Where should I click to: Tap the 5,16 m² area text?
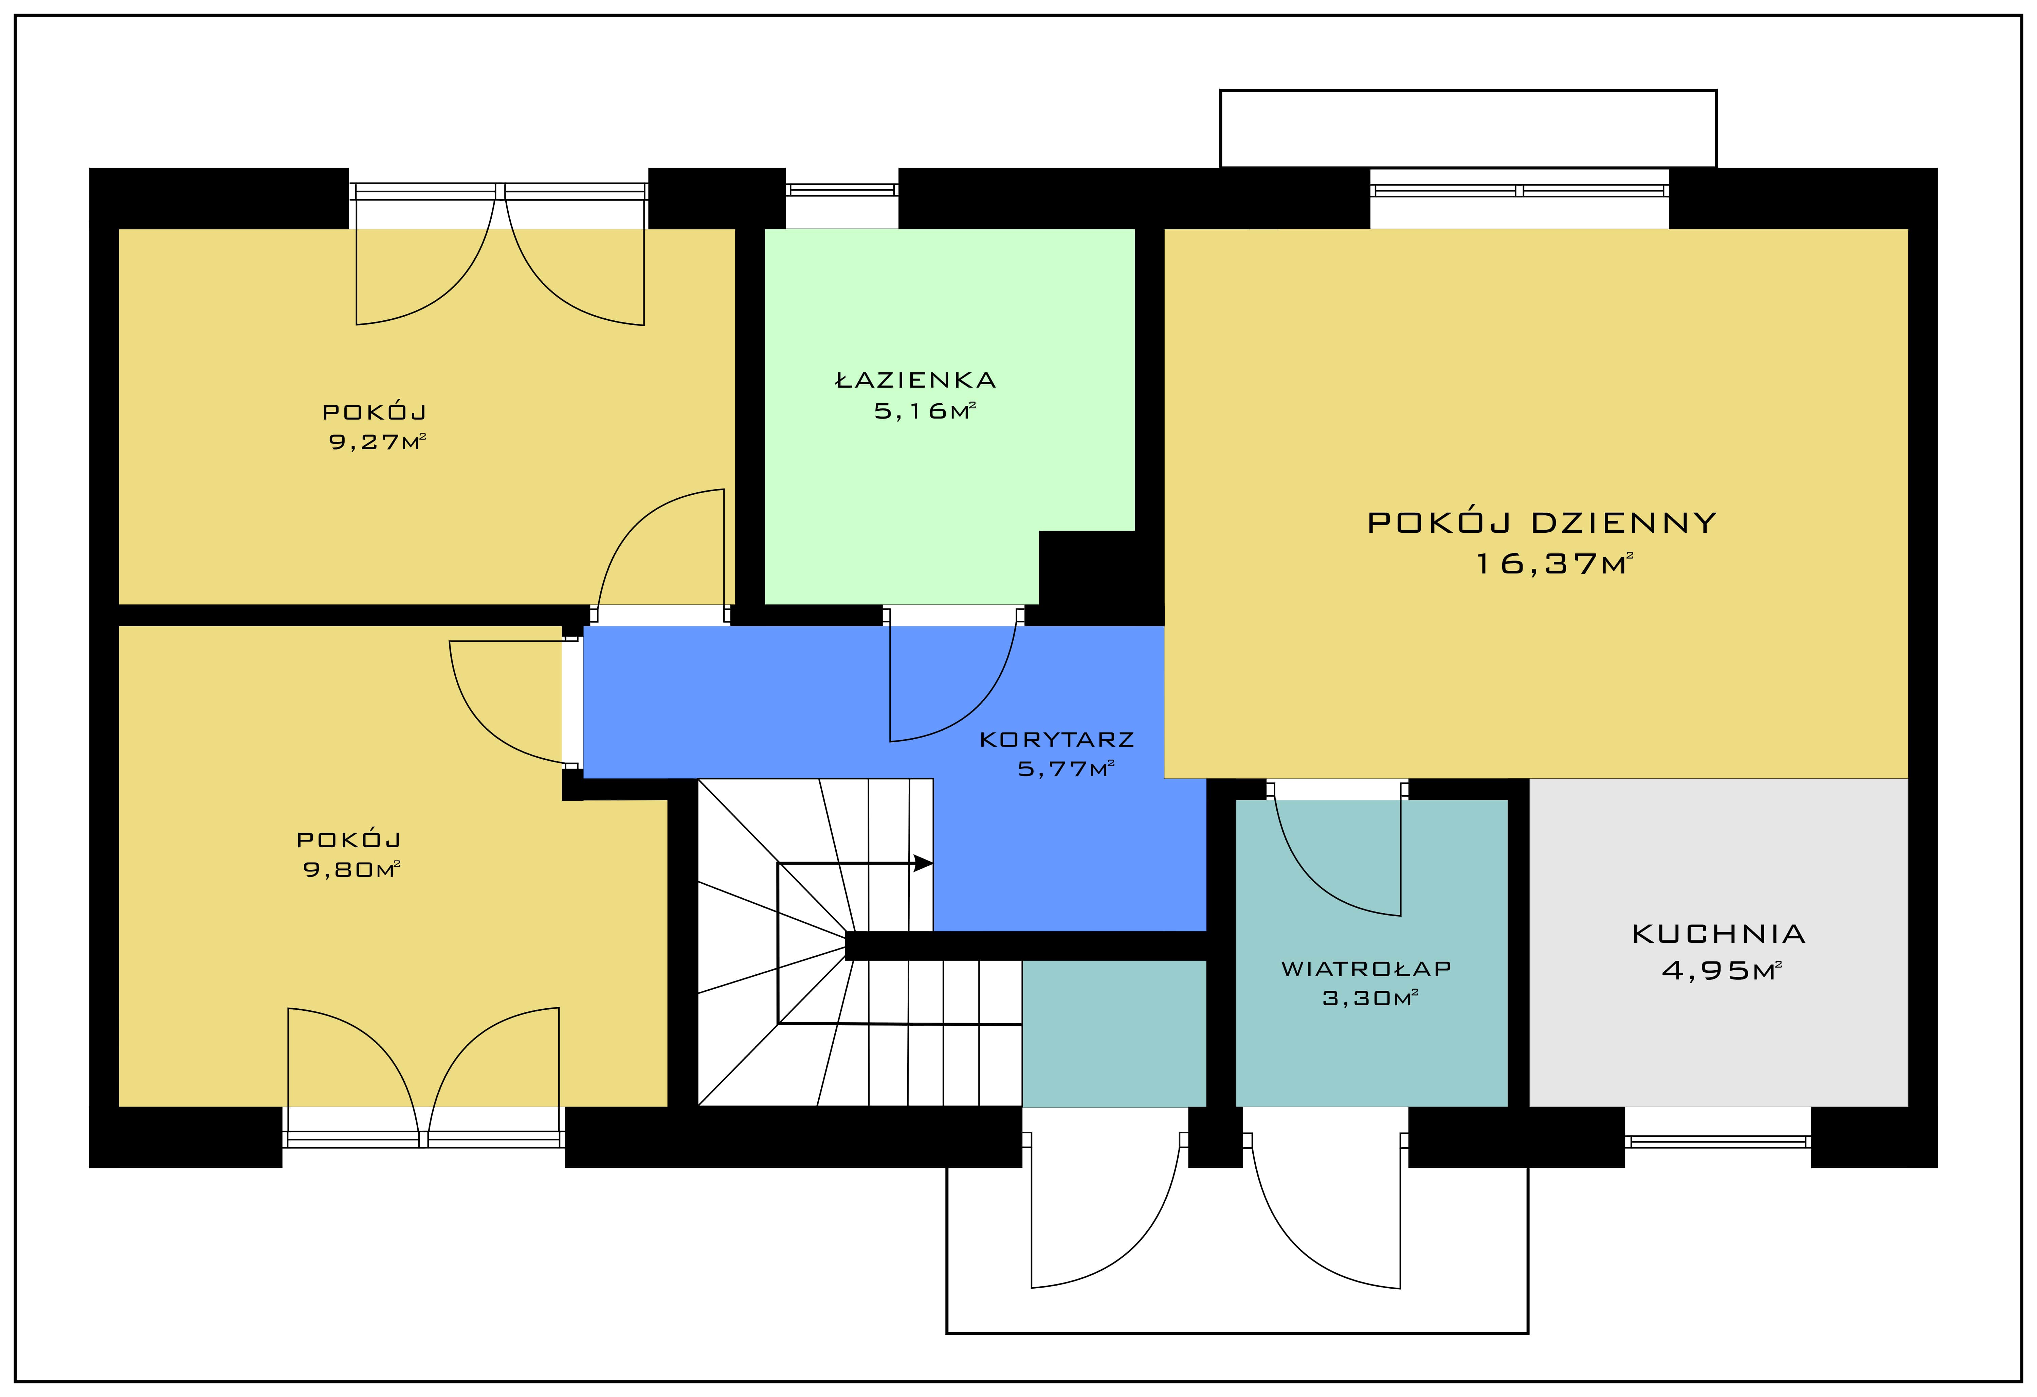pos(925,410)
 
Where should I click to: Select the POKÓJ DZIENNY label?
pos(1542,523)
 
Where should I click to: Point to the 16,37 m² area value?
pos(1555,563)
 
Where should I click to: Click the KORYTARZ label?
pos(1057,739)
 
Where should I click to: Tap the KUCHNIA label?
pos(1719,934)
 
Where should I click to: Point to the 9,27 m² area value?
pos(377,441)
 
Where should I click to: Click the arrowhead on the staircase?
pos(923,863)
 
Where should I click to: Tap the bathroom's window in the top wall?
pos(841,190)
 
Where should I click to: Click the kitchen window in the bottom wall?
pos(1718,1141)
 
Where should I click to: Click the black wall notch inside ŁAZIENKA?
pos(1087,568)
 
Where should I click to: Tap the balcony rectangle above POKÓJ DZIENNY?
pos(1468,128)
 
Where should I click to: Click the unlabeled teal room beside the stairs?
pos(1114,1033)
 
